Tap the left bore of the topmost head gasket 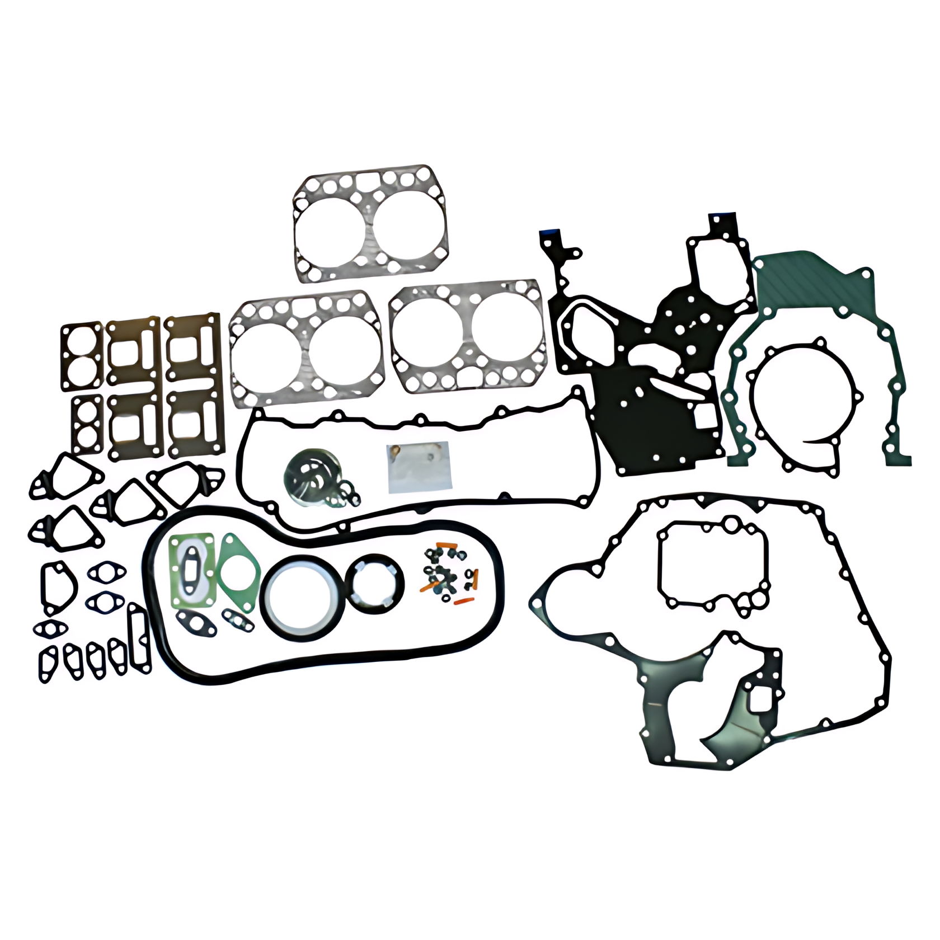[x=330, y=224]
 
